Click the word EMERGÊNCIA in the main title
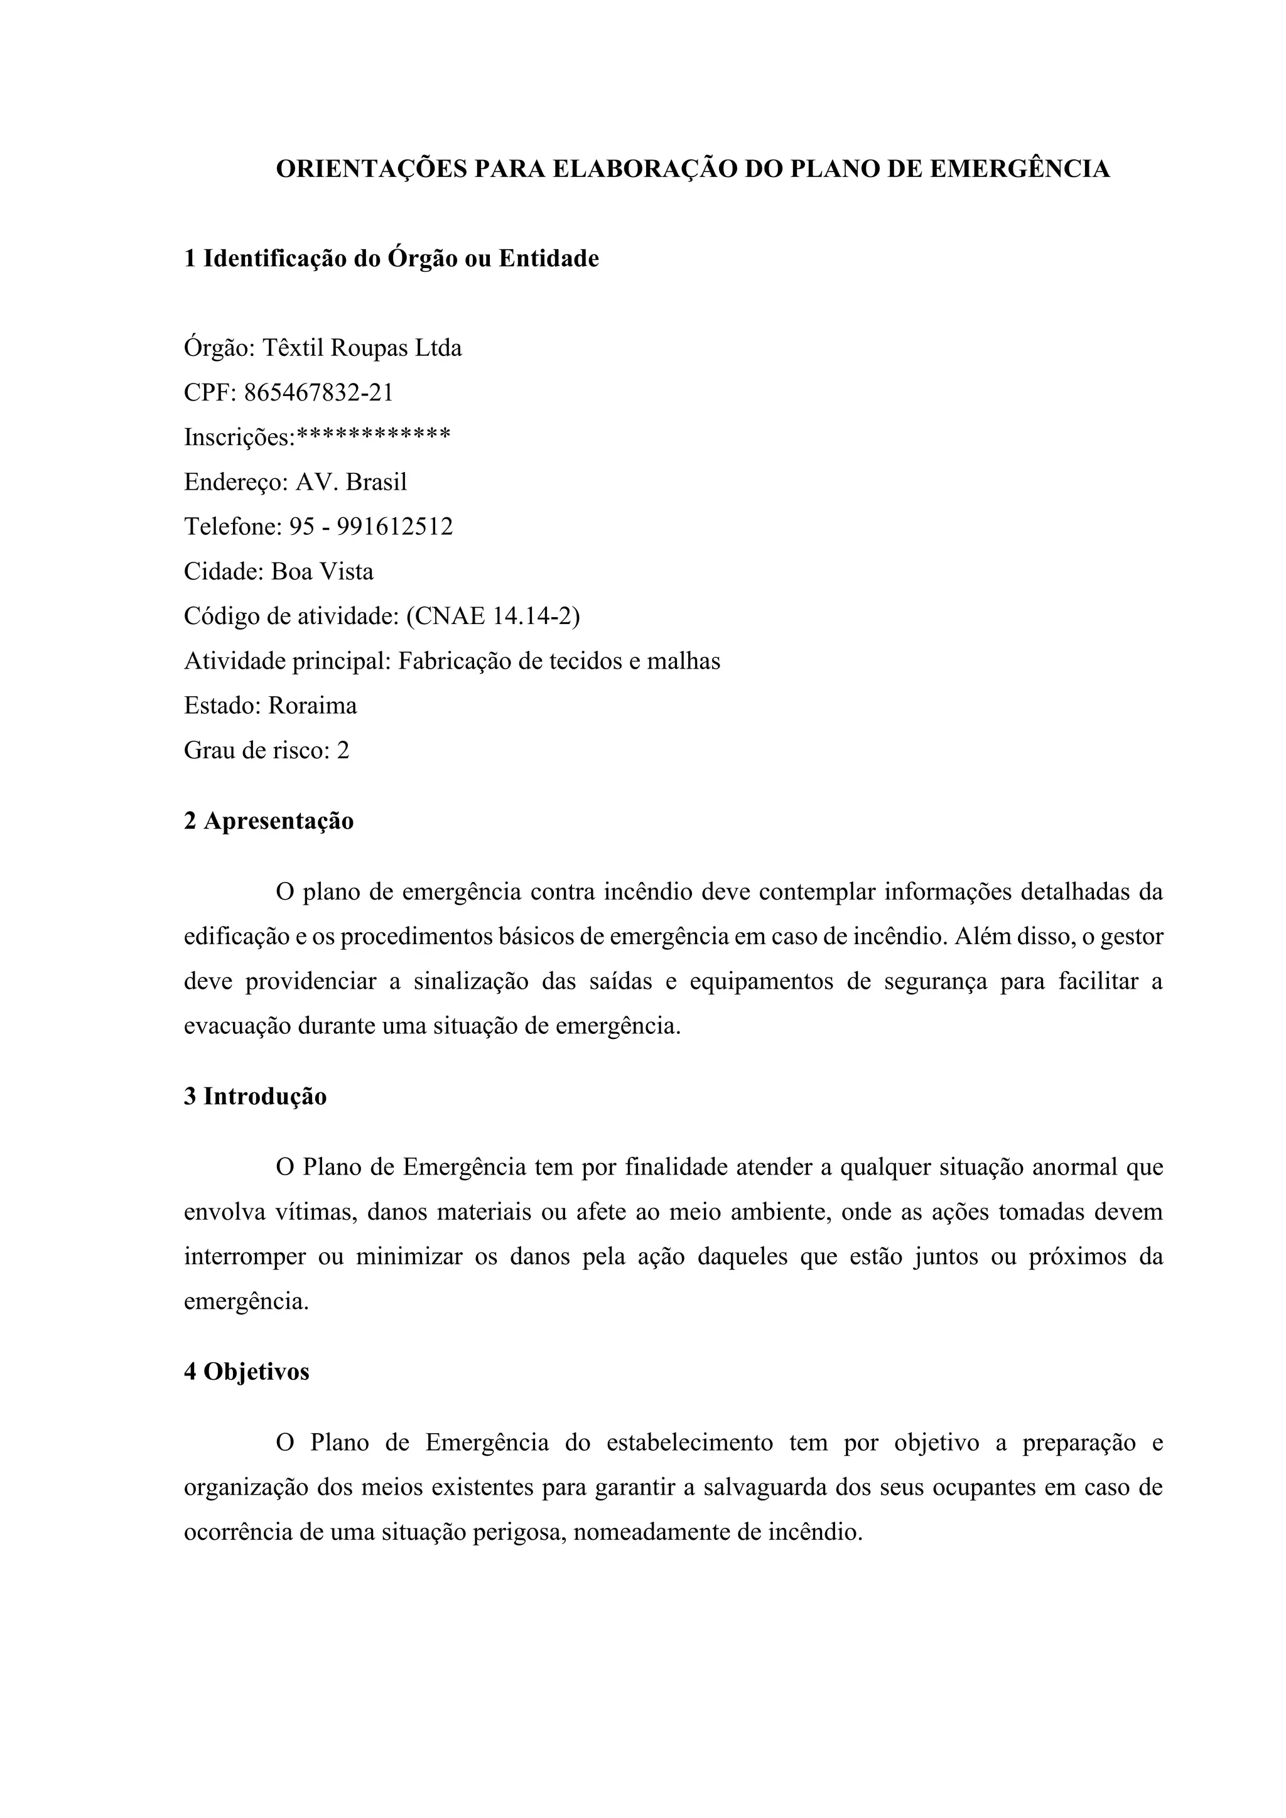tap(1019, 169)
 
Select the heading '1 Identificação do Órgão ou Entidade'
tap(391, 258)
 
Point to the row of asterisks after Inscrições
tap(373, 434)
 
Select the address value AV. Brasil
tap(351, 481)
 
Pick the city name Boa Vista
tap(322, 571)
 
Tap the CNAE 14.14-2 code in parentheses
tap(492, 616)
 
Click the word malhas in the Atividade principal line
tap(683, 660)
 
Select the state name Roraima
tap(312, 706)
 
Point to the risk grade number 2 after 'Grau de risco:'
tap(342, 750)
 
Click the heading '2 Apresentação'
tap(269, 821)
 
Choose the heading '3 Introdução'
tap(255, 1097)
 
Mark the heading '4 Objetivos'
tap(246, 1372)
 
